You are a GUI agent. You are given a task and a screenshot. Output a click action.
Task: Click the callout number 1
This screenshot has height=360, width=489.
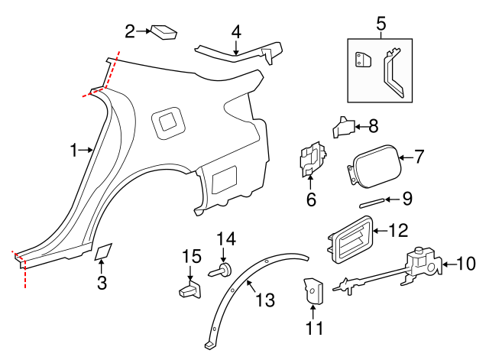[74, 151]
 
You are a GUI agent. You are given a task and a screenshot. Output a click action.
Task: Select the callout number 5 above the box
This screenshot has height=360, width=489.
[381, 24]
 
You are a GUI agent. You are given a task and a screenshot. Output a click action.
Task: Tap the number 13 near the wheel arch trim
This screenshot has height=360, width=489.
[264, 300]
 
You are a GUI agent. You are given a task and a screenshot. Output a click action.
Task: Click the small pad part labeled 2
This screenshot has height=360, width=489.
[164, 31]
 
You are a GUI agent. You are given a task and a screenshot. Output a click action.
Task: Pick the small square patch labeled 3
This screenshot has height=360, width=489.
[103, 252]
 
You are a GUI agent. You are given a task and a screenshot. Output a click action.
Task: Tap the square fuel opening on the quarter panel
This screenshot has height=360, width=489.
[167, 122]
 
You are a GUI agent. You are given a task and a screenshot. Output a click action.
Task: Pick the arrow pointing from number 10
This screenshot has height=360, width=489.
[446, 264]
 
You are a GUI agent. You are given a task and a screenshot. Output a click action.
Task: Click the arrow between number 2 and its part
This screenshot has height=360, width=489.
[144, 31]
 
